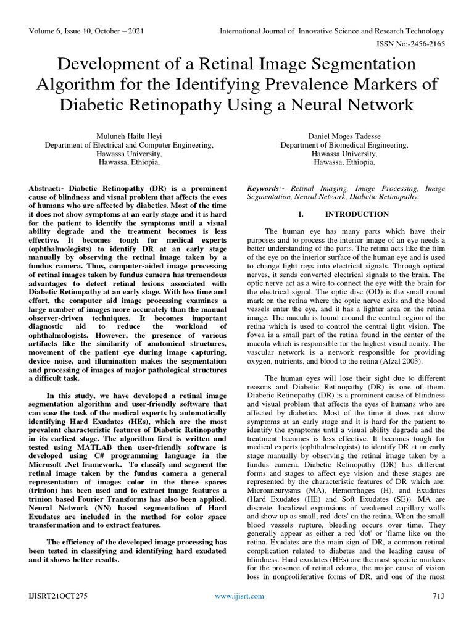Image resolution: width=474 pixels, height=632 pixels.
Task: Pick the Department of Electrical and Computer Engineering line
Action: [130, 145]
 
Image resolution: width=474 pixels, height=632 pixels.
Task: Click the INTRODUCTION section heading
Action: [357, 214]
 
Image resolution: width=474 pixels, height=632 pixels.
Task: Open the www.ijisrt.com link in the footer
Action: [239, 613]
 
